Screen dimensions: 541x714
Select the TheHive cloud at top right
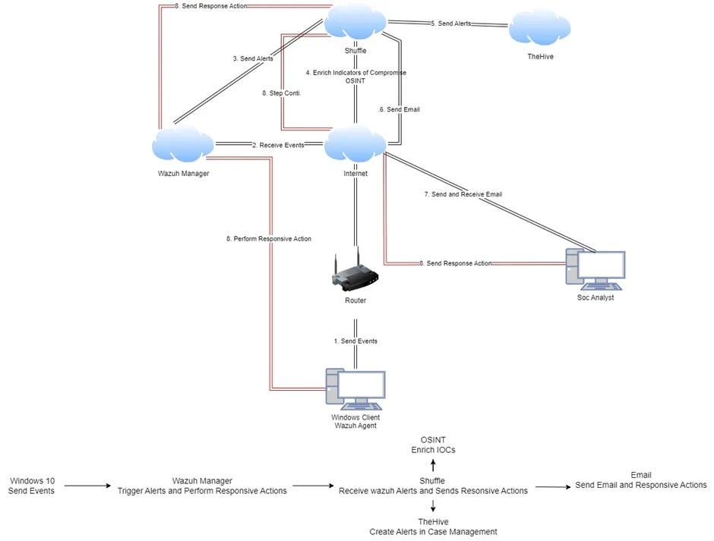(539, 28)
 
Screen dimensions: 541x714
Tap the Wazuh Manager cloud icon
(182, 144)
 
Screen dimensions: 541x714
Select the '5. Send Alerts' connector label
(451, 24)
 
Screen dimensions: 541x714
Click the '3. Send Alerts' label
(253, 58)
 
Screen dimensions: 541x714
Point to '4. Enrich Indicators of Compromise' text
(355, 73)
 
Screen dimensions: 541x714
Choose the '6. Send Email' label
(399, 110)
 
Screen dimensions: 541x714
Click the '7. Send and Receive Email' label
(463, 194)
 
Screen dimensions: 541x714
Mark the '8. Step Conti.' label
(280, 93)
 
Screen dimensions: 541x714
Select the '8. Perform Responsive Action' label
(268, 239)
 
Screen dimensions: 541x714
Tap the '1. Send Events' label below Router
(355, 341)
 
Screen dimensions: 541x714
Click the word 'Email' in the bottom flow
(640, 475)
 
